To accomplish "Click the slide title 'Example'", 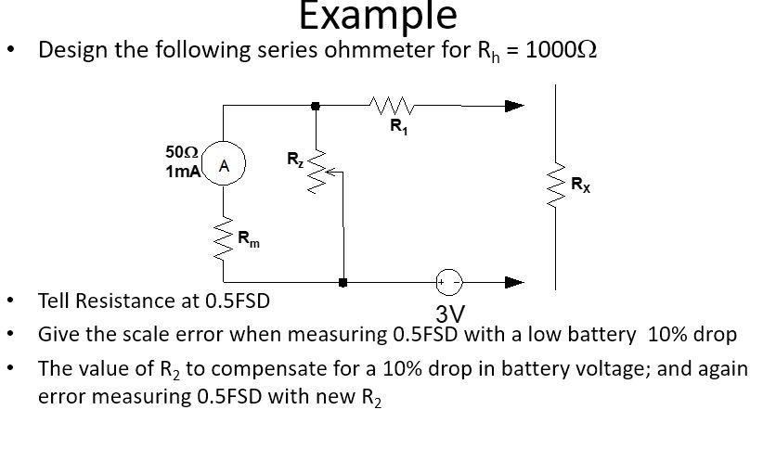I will [x=378, y=16].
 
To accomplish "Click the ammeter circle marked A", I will [x=224, y=166].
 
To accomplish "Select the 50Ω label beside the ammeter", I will [x=182, y=151].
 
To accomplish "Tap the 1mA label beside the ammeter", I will [x=183, y=172].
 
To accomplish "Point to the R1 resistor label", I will [x=397, y=128].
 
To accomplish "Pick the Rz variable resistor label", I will [x=293, y=160].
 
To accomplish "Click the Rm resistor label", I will [x=249, y=240].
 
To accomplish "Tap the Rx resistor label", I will [x=580, y=185].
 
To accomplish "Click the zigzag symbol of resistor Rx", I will [x=556, y=186].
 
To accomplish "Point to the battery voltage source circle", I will [x=449, y=281].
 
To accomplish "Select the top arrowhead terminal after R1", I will [x=514, y=106].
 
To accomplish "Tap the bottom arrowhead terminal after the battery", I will [x=514, y=281].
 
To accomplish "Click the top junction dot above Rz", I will [x=316, y=106].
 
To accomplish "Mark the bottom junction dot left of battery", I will [x=343, y=281].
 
